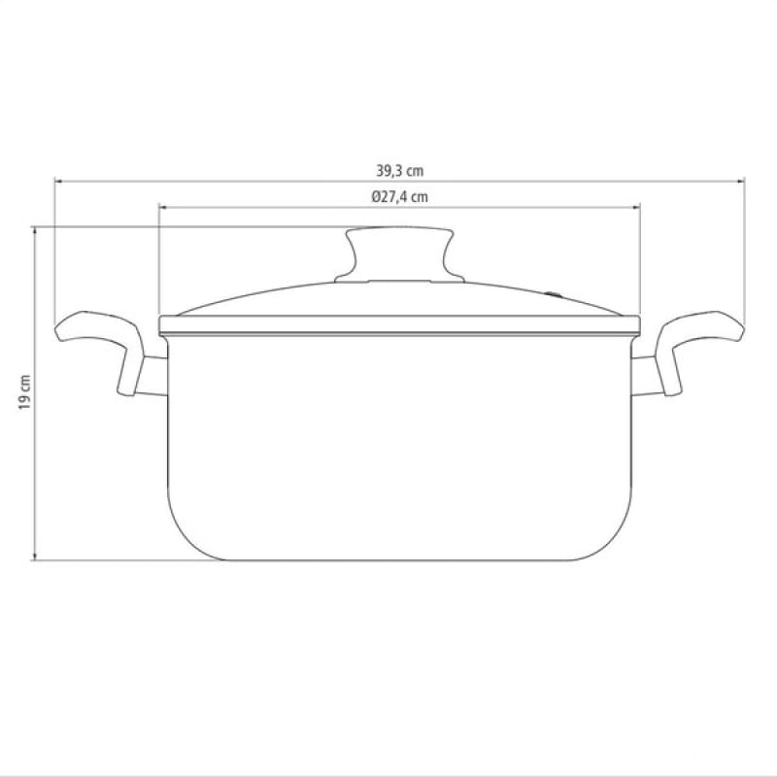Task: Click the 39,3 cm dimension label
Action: [x=400, y=172]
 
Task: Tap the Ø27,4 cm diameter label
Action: [x=400, y=197]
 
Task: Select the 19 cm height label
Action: [x=25, y=392]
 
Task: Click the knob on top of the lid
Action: [x=399, y=254]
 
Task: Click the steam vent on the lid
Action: [x=553, y=295]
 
